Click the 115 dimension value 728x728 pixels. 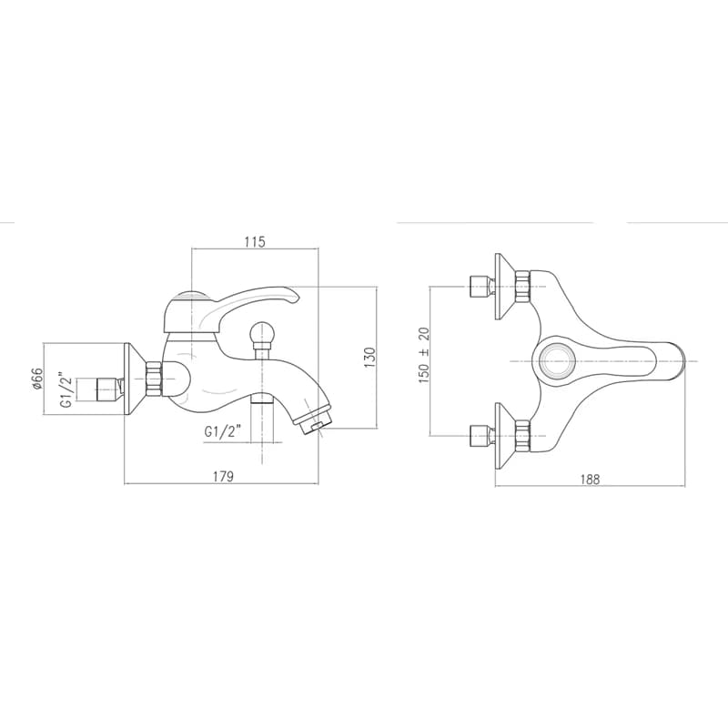click(x=256, y=242)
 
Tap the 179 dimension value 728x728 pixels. click(x=223, y=476)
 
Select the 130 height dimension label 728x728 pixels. click(x=369, y=358)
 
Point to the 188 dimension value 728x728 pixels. click(x=590, y=480)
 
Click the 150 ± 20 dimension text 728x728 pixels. click(x=424, y=355)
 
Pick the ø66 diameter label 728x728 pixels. click(x=37, y=379)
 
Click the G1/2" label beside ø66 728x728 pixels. click(x=67, y=389)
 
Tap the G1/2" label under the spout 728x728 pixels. click(x=223, y=432)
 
